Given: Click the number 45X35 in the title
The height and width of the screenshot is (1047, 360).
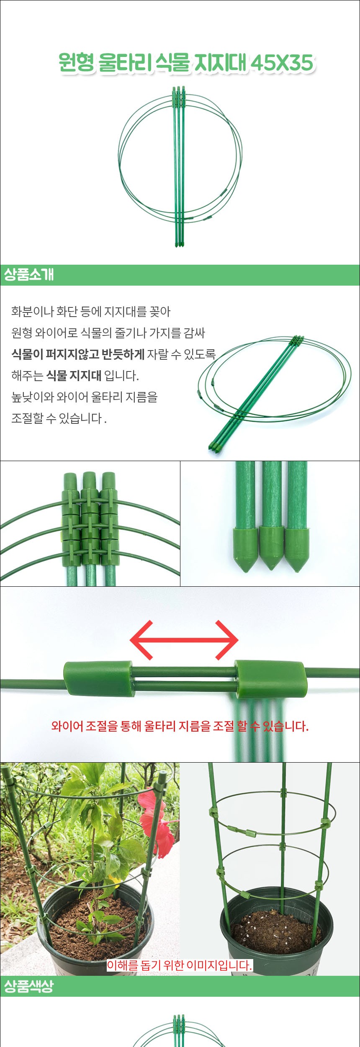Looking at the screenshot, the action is [283, 63].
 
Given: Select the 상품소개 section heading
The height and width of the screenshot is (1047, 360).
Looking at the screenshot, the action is [29, 275].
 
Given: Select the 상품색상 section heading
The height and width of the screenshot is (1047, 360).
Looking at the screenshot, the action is [29, 986].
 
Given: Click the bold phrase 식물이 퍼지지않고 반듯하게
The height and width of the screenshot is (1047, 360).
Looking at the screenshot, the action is [78, 354].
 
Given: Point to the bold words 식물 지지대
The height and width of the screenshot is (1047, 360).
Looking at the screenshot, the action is [74, 376].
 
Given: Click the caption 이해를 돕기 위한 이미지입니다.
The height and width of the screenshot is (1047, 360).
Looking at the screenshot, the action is [180, 965].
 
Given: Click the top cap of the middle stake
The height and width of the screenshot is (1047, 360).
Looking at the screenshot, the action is [90, 480].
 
